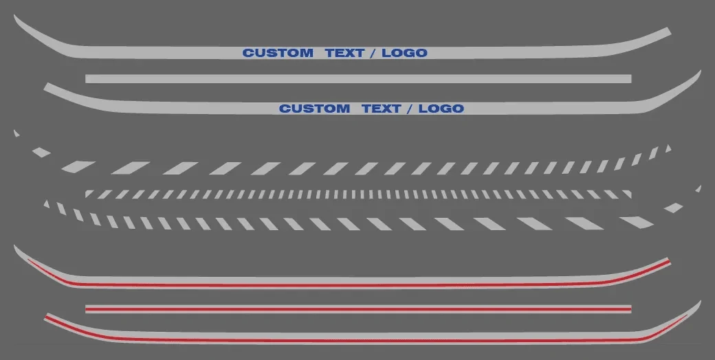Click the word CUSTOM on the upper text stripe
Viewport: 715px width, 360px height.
point(278,53)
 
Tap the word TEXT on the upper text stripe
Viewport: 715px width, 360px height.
point(345,53)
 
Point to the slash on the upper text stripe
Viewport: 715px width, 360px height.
point(373,53)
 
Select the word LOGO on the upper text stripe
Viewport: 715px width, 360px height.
point(404,53)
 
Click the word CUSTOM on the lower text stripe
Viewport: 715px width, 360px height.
point(314,109)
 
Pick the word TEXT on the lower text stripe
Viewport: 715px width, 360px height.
point(382,109)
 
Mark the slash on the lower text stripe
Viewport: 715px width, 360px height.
point(410,109)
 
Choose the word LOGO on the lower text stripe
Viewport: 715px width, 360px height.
point(441,109)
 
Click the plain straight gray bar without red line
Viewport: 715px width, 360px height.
point(358,79)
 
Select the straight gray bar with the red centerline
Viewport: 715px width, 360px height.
point(358,309)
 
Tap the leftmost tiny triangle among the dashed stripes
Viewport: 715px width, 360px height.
point(16,133)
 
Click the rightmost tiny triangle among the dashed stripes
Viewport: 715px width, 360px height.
point(698,189)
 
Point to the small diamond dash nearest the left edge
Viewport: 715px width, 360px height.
point(41,153)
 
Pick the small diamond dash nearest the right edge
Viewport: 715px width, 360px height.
point(674,208)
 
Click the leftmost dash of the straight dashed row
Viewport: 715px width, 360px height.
point(89,194)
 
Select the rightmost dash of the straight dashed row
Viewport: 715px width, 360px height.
point(628,194)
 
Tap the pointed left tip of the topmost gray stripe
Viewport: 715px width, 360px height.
point(14,16)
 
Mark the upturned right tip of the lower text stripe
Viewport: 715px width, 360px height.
point(699,72)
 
